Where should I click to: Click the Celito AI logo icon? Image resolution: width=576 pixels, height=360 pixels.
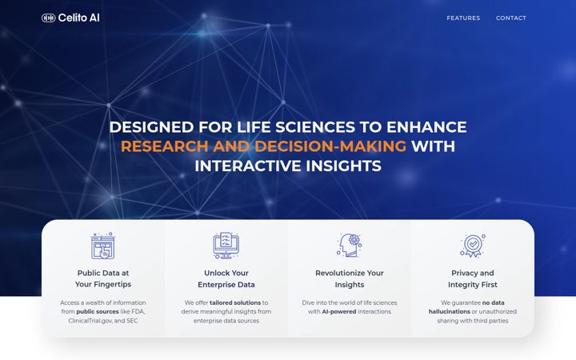[x=49, y=18]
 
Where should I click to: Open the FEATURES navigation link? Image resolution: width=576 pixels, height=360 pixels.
[x=463, y=18]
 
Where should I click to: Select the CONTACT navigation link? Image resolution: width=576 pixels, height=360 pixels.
[x=511, y=18]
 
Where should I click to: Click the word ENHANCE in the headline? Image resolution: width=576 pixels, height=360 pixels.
[x=426, y=127]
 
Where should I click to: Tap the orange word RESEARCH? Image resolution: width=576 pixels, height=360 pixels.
[x=165, y=146]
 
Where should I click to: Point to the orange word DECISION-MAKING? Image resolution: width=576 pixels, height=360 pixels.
[x=330, y=146]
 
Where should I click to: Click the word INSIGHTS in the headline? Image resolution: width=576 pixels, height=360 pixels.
[x=343, y=166]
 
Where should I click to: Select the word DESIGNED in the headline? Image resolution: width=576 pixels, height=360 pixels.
[x=151, y=127]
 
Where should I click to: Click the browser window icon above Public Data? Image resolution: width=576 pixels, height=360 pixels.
[x=103, y=246]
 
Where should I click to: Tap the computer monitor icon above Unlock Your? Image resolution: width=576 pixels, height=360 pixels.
[x=226, y=246]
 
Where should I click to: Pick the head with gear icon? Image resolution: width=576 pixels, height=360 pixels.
[x=350, y=245]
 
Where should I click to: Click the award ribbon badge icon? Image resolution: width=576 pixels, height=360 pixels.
[x=473, y=246]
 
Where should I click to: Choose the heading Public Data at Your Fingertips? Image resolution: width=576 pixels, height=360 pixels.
[x=103, y=278]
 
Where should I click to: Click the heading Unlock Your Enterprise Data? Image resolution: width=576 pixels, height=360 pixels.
[x=226, y=279]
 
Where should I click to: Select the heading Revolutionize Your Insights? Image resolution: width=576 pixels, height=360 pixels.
[x=350, y=279]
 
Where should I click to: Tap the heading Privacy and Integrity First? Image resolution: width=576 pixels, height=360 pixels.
[x=473, y=279]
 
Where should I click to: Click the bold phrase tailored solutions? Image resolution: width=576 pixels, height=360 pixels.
[x=235, y=302]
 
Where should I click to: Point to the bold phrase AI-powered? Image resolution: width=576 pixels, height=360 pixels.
[x=339, y=311]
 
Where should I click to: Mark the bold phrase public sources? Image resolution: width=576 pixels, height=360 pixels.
[x=98, y=311]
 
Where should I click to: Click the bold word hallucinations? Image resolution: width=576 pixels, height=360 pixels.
[x=450, y=311]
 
